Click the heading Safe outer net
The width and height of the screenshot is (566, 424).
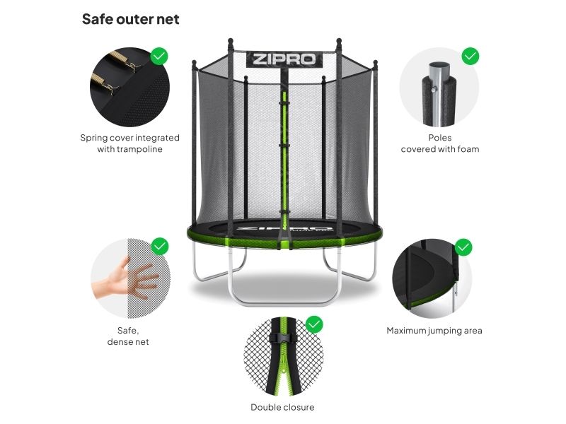(130, 19)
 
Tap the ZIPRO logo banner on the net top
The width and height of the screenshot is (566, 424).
(284, 59)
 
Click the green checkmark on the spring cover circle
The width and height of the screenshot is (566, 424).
(158, 57)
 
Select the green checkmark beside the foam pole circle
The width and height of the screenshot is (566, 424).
(470, 57)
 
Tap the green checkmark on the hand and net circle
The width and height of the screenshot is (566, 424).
(160, 247)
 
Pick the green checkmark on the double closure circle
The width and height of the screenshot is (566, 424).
(314, 324)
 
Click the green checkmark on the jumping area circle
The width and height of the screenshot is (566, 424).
(463, 247)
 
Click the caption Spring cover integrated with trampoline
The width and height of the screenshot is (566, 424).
(129, 143)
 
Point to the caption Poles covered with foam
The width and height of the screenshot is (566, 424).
(440, 143)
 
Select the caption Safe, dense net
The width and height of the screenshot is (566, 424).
(128, 336)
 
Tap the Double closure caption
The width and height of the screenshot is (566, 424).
(282, 407)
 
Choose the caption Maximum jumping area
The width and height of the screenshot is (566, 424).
(434, 331)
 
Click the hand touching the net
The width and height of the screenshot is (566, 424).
(125, 278)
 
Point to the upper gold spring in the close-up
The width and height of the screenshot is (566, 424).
(122, 59)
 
